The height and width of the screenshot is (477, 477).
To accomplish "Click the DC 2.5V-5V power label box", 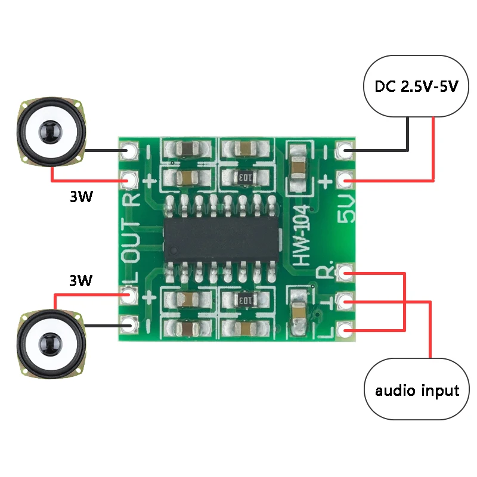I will point(416,86).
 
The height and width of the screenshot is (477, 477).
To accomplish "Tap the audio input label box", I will point(417,391).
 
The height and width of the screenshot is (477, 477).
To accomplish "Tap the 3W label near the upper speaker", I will point(81,197).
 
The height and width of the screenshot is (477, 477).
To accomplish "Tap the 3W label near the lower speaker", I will point(81,280).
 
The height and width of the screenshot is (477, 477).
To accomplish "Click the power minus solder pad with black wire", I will point(344,150).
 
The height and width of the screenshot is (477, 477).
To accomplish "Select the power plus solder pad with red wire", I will point(344,179).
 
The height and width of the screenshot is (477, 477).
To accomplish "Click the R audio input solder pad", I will point(344,273).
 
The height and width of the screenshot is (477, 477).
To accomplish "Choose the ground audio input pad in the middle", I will point(344,302).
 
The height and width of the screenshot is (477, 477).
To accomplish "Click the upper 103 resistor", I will point(244,177).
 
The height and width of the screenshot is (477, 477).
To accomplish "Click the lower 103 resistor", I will point(244,301).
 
